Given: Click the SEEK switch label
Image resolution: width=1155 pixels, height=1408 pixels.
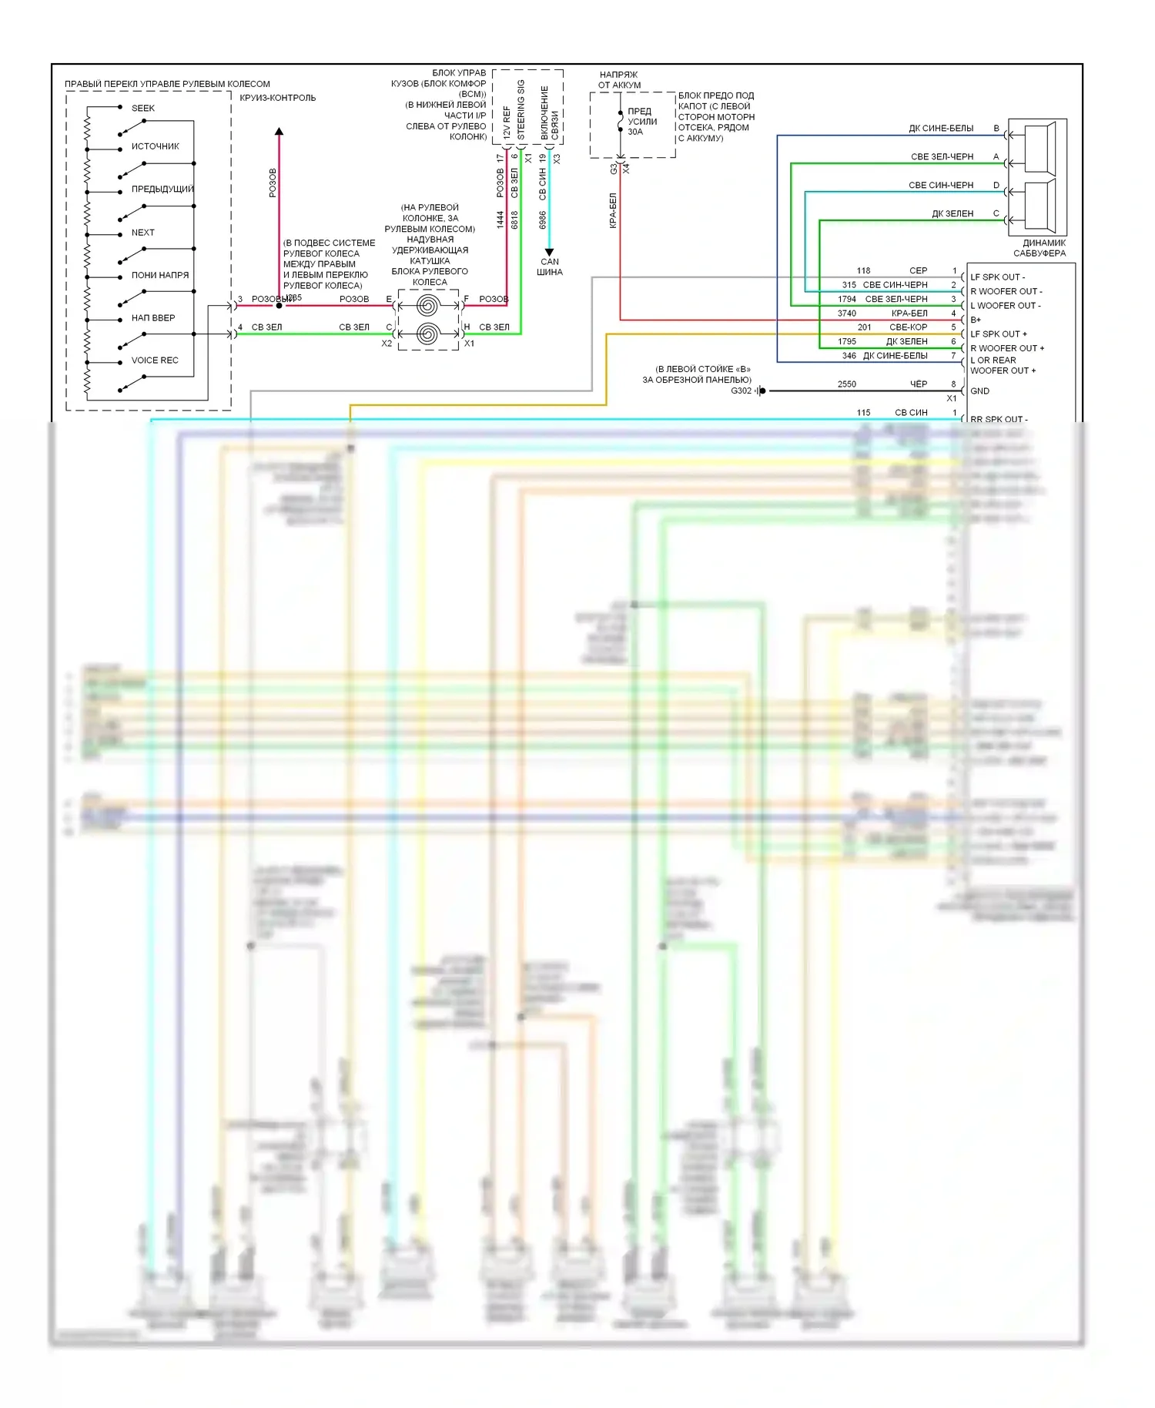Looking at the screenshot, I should (142, 108).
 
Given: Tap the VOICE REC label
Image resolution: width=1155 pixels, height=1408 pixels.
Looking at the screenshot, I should (154, 360).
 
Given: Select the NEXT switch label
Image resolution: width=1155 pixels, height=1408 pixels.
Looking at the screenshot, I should (142, 232).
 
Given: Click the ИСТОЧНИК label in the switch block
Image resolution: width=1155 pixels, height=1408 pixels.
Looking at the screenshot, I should (155, 146).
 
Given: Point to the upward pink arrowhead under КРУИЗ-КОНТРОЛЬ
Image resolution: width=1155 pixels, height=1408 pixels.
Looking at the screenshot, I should (279, 132).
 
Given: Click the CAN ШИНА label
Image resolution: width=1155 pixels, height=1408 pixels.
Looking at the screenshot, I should (549, 267).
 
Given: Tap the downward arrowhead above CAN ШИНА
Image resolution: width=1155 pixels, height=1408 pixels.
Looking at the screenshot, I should (549, 252).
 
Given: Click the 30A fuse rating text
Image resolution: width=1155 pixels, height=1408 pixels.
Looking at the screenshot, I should (635, 132).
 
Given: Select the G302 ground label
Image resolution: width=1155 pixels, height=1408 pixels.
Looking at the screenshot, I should (741, 391).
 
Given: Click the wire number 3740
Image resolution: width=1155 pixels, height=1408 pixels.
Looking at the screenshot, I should (846, 313).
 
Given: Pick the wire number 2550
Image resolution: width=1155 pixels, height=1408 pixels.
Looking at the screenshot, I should (846, 384).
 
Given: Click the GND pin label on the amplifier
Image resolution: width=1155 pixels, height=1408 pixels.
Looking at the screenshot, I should (979, 391).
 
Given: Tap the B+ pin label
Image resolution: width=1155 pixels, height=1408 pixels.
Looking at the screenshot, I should (976, 320).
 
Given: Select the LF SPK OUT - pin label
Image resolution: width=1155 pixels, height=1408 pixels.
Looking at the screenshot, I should (997, 277).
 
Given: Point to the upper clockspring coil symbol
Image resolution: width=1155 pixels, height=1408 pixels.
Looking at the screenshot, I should (428, 306).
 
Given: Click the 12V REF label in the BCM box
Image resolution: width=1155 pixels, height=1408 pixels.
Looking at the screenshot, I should (506, 122).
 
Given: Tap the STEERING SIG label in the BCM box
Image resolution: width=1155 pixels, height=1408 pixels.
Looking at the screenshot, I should (521, 109).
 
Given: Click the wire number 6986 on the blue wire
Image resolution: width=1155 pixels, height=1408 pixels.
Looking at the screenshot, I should (542, 220).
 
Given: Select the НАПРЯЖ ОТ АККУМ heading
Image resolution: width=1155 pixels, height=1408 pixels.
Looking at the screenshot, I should (619, 79).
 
